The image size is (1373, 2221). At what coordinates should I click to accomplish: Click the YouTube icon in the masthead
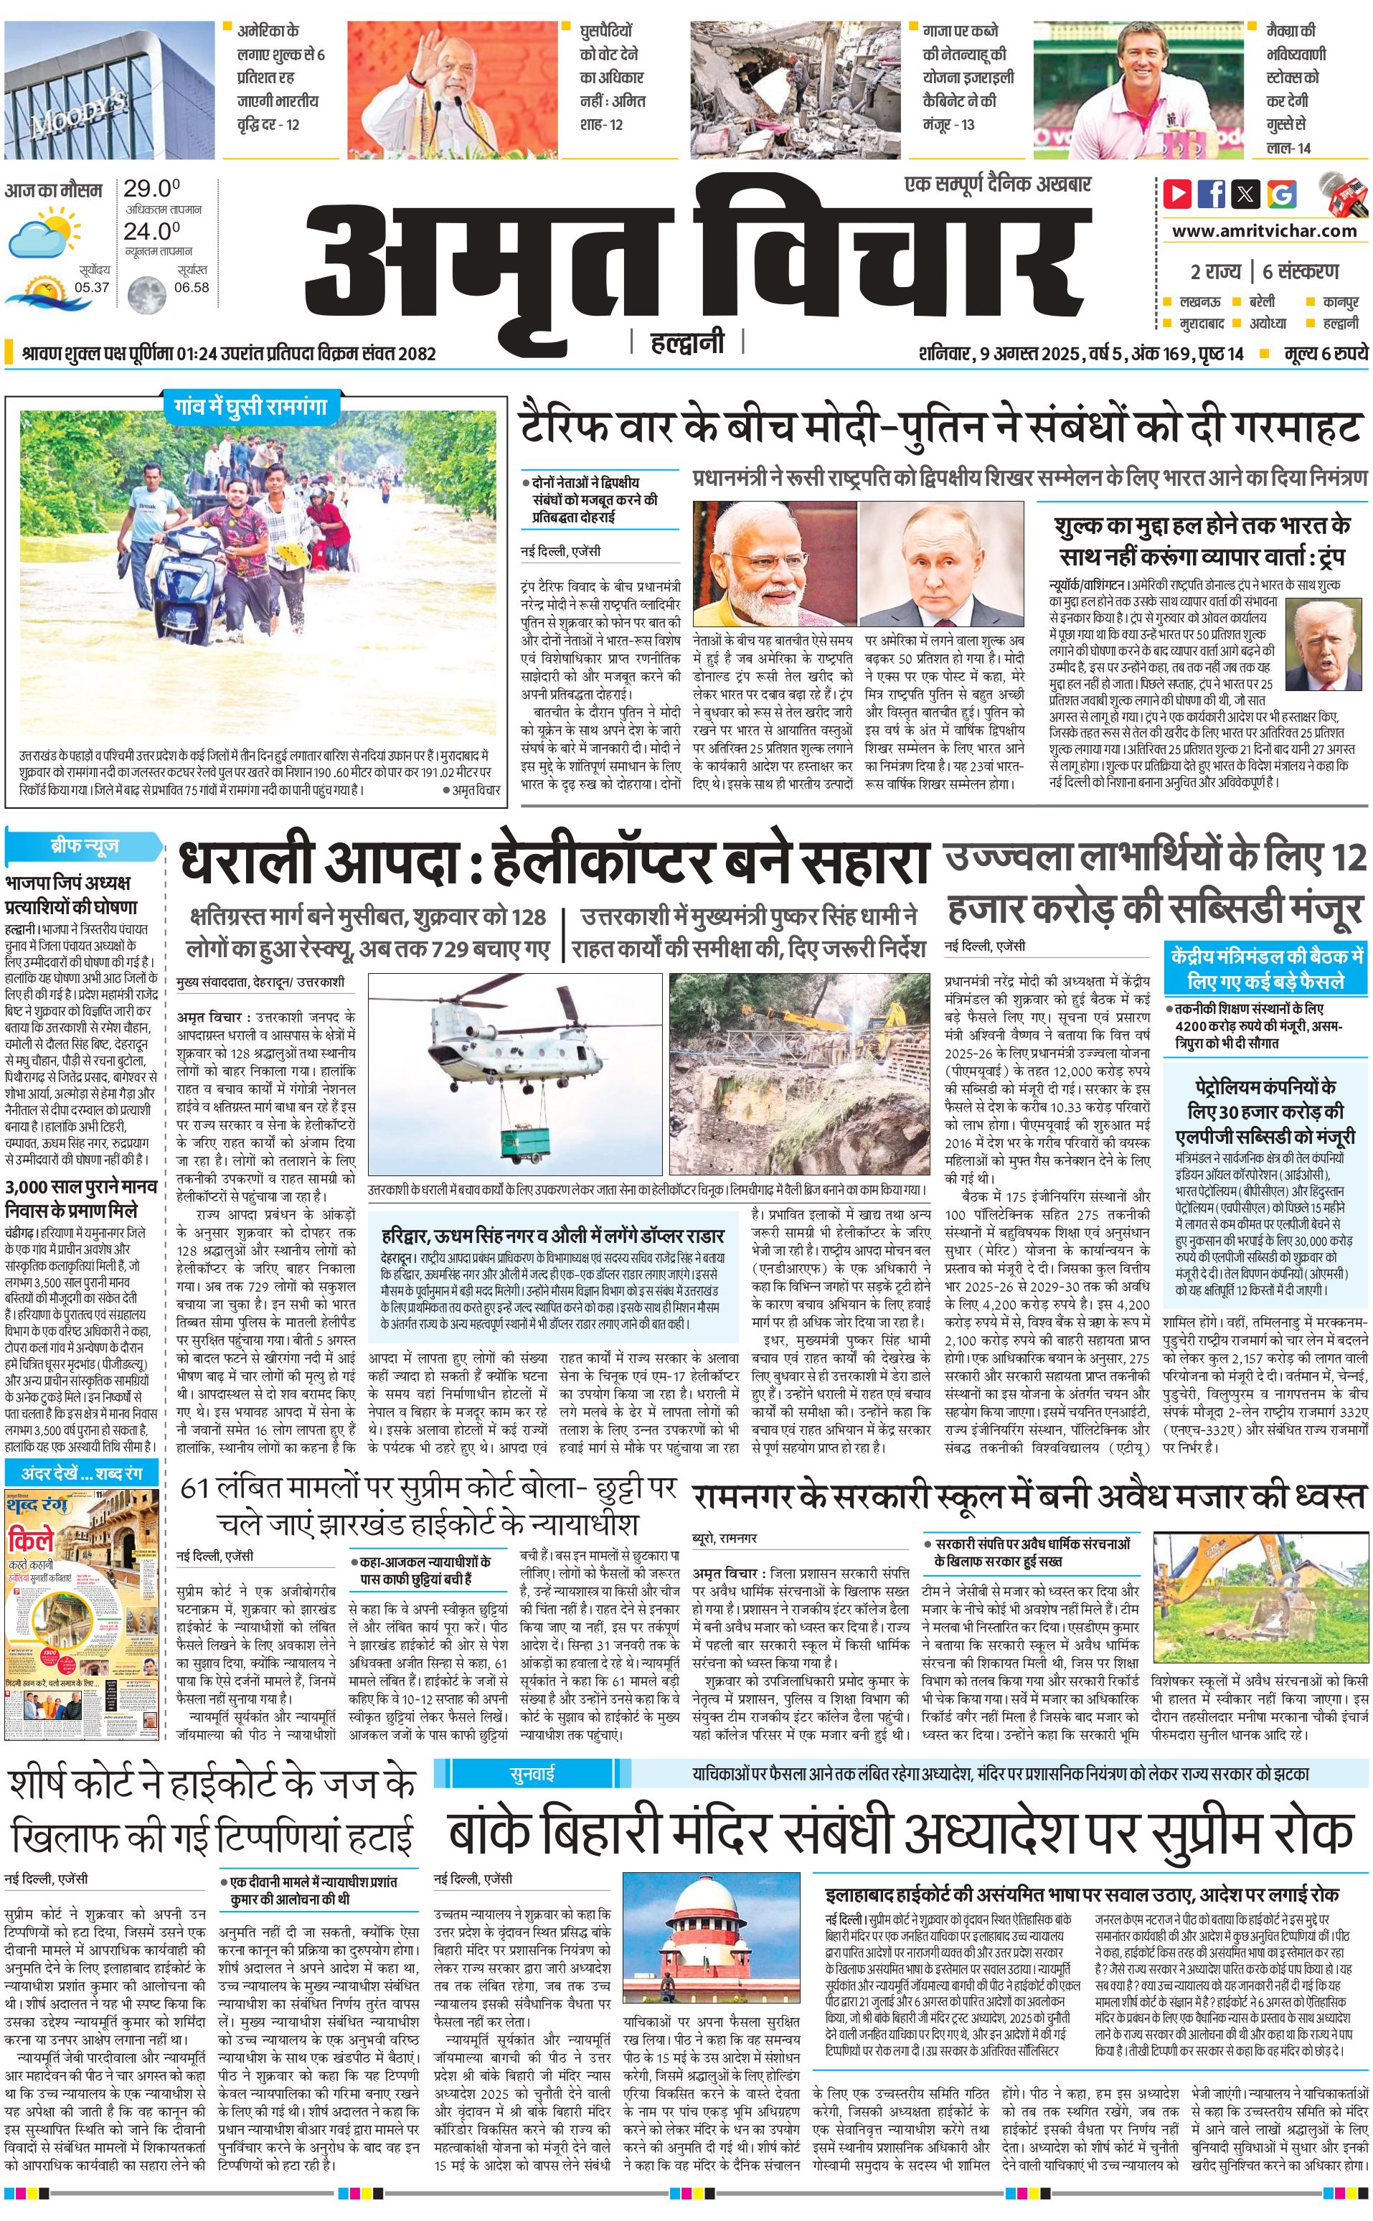coord(1178,194)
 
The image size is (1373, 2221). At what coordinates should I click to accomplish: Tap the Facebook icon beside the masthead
coord(1212,194)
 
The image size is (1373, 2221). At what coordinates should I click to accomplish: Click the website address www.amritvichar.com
coord(1264,231)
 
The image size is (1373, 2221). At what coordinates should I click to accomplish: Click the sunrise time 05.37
coord(92,287)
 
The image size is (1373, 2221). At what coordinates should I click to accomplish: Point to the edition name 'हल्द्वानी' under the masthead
coord(687,343)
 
